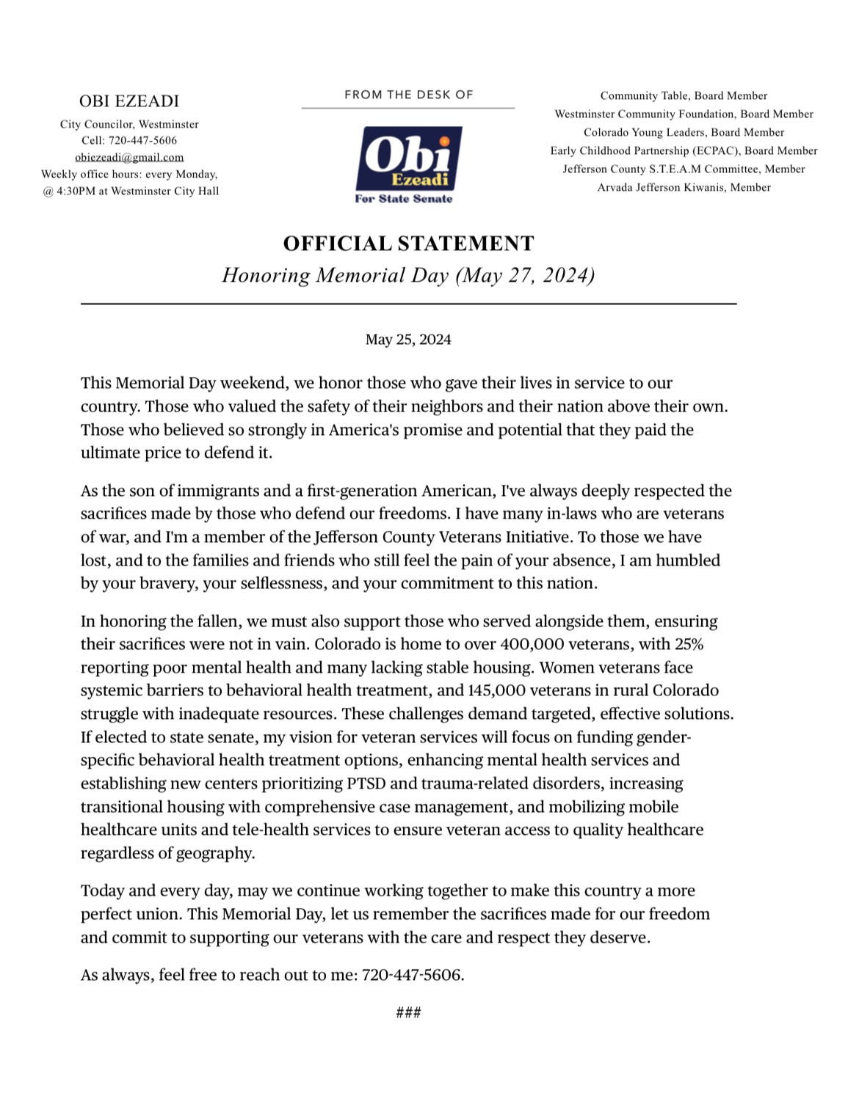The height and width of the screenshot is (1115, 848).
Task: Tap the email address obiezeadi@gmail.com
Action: (129, 157)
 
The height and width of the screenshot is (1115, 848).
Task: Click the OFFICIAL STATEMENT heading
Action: (408, 244)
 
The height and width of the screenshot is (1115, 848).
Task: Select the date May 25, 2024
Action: (408, 340)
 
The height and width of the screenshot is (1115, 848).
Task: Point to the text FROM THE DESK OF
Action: (408, 95)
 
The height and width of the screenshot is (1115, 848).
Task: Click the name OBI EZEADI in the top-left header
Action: (129, 101)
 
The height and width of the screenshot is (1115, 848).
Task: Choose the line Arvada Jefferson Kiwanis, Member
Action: (684, 187)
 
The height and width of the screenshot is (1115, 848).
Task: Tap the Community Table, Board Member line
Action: (684, 95)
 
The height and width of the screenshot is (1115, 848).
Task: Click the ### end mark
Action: (408, 1013)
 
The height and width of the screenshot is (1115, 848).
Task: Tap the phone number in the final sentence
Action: (413, 976)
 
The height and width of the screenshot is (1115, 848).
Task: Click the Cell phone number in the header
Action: (142, 140)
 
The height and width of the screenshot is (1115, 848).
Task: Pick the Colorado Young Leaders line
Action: (684, 132)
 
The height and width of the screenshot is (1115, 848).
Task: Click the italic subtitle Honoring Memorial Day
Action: (408, 275)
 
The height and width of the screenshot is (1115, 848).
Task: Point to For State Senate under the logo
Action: (404, 199)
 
